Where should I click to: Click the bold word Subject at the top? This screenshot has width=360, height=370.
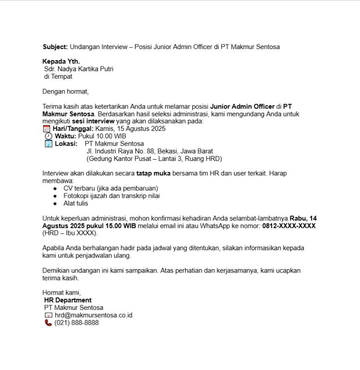point(55,47)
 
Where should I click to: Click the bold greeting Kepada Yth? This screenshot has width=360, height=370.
point(61,62)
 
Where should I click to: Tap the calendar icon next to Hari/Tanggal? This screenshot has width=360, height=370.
point(47,129)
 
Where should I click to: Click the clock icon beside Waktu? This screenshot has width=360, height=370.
point(49,136)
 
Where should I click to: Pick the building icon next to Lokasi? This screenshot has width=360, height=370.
point(49,144)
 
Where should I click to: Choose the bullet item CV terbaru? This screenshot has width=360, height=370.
point(111,188)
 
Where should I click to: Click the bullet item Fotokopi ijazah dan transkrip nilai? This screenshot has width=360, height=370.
point(112,196)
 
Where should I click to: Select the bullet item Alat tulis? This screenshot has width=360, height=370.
point(75,203)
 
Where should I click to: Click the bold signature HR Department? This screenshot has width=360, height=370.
point(68,300)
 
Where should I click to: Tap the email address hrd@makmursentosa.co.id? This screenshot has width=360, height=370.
point(93,315)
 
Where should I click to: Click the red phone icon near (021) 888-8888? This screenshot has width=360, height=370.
point(48,323)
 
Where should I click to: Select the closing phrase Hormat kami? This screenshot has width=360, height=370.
point(62,293)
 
